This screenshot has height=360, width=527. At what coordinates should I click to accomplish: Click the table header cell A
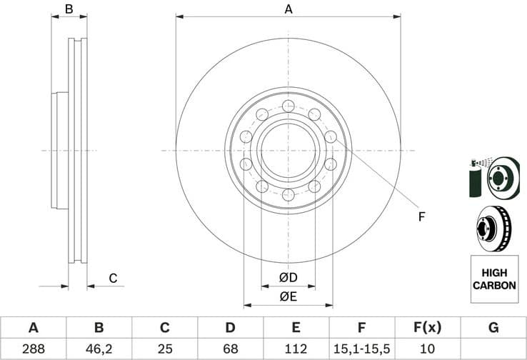coord(33,328)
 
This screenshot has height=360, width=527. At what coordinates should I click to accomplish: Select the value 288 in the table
coord(33,349)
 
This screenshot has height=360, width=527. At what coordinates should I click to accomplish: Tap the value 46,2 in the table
coord(99,349)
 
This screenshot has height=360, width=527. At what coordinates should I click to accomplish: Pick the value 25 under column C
coord(164,349)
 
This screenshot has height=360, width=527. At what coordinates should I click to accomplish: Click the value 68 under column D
coord(230,349)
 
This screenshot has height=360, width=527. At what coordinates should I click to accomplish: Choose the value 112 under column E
coord(296,349)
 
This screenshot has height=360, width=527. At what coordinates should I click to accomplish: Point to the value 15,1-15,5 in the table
coord(361,349)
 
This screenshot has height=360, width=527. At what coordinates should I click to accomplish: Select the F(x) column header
coord(427,328)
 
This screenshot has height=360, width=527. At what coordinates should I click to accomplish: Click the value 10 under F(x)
coord(427,349)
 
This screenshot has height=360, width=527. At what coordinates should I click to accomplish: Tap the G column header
coord(493,328)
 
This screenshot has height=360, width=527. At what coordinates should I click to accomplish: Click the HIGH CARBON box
coord(494,279)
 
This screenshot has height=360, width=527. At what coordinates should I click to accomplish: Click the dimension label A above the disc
coord(288,9)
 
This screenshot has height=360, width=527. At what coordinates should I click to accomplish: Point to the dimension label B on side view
coord(69,9)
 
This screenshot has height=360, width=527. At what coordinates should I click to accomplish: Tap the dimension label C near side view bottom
coord(112,278)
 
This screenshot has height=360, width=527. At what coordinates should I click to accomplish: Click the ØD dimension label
coord(288,277)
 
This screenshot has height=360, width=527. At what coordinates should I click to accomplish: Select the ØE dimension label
coord(288,296)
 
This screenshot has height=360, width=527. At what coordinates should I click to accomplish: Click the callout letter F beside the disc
coord(421,216)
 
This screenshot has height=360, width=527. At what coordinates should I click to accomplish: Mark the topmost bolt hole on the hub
coord(288,106)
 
